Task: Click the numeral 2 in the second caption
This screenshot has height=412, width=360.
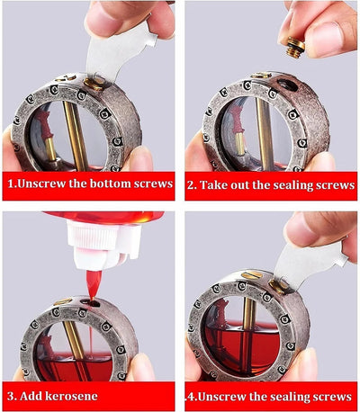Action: pyautogui.click(x=192, y=186)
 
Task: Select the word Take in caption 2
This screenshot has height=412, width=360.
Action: pyautogui.click(x=218, y=186)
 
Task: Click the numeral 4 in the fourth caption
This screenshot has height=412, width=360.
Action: pyautogui.click(x=190, y=396)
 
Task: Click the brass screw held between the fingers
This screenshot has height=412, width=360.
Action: pyautogui.click(x=288, y=44)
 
